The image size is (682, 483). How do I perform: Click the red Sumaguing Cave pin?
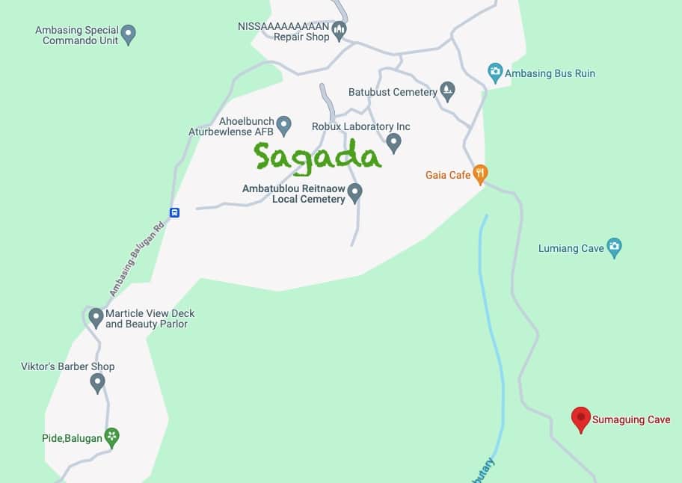tap(580, 419)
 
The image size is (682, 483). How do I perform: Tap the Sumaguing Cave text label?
tap(631, 420)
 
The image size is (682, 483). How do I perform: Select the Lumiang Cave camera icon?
tap(614, 248)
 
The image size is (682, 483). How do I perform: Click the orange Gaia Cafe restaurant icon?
tap(480, 174)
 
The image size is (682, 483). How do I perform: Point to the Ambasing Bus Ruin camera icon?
tap(494, 73)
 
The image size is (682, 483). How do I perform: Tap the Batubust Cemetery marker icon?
tap(447, 91)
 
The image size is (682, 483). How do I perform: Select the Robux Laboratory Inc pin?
tap(393, 141)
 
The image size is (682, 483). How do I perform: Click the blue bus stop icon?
tap(174, 212)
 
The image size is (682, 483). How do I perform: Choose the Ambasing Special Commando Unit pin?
tap(129, 34)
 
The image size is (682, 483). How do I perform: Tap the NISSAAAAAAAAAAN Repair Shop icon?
tap(339, 31)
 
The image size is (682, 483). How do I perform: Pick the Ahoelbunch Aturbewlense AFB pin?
tap(283, 124)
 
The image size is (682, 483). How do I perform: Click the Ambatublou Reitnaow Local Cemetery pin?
tap(355, 192)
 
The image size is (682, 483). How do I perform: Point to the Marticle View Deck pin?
tap(96, 318)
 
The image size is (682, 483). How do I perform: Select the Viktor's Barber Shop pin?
tap(97, 383)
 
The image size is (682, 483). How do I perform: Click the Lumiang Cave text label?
tap(571, 249)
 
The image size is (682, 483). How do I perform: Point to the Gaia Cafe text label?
tap(448, 175)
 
